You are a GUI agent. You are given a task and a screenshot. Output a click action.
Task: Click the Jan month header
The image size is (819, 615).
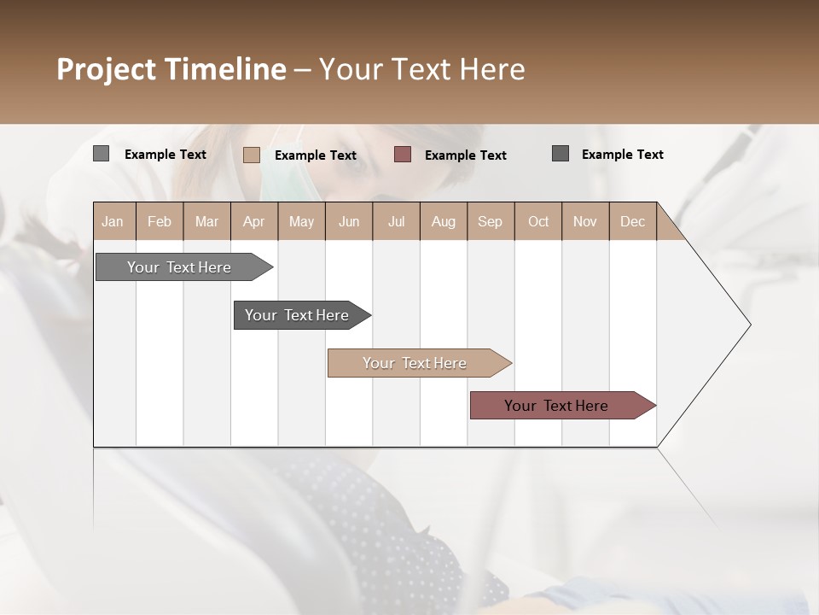tap(113, 221)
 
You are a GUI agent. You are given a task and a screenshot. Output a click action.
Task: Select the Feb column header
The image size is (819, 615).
tap(160, 221)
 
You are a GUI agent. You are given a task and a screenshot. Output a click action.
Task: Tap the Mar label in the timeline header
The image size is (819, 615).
tap(206, 221)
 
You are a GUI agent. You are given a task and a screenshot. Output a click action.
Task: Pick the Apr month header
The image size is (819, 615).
tap(253, 221)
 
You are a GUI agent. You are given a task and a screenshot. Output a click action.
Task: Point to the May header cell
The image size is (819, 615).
tap(301, 221)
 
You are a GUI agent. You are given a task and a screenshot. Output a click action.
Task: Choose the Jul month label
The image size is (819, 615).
tap(396, 221)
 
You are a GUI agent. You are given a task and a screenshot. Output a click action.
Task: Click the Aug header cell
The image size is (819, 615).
tap(443, 221)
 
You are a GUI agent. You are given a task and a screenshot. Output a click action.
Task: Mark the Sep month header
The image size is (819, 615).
tap(490, 221)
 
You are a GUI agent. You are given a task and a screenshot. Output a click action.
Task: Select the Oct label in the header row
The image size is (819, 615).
tap(538, 221)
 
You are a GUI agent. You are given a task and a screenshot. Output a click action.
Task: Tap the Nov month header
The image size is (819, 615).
tap(585, 221)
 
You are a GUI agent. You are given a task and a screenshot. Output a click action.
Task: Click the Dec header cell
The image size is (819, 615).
tap(632, 221)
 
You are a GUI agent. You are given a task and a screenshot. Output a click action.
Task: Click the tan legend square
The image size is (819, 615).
tap(252, 155)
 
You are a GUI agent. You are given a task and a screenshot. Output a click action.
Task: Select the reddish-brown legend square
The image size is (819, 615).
tap(403, 155)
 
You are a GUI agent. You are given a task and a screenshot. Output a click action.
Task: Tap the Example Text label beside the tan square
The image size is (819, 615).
tap(315, 155)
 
